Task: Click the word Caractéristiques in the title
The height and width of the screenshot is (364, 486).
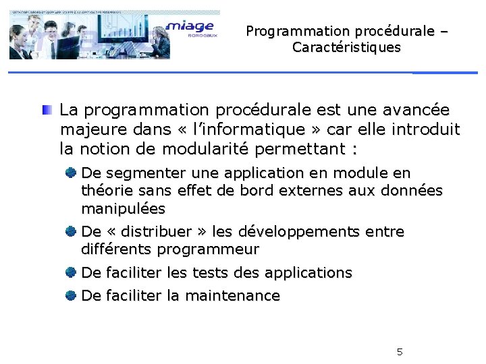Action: (x=346, y=48)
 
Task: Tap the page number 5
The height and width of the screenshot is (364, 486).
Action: (x=400, y=351)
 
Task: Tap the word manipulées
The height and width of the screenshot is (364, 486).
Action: (x=123, y=208)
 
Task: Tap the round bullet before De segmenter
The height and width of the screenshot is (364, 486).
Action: (x=70, y=173)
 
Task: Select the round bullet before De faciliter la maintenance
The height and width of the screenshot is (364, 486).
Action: (x=70, y=295)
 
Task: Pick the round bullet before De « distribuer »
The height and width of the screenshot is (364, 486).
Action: (x=70, y=232)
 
